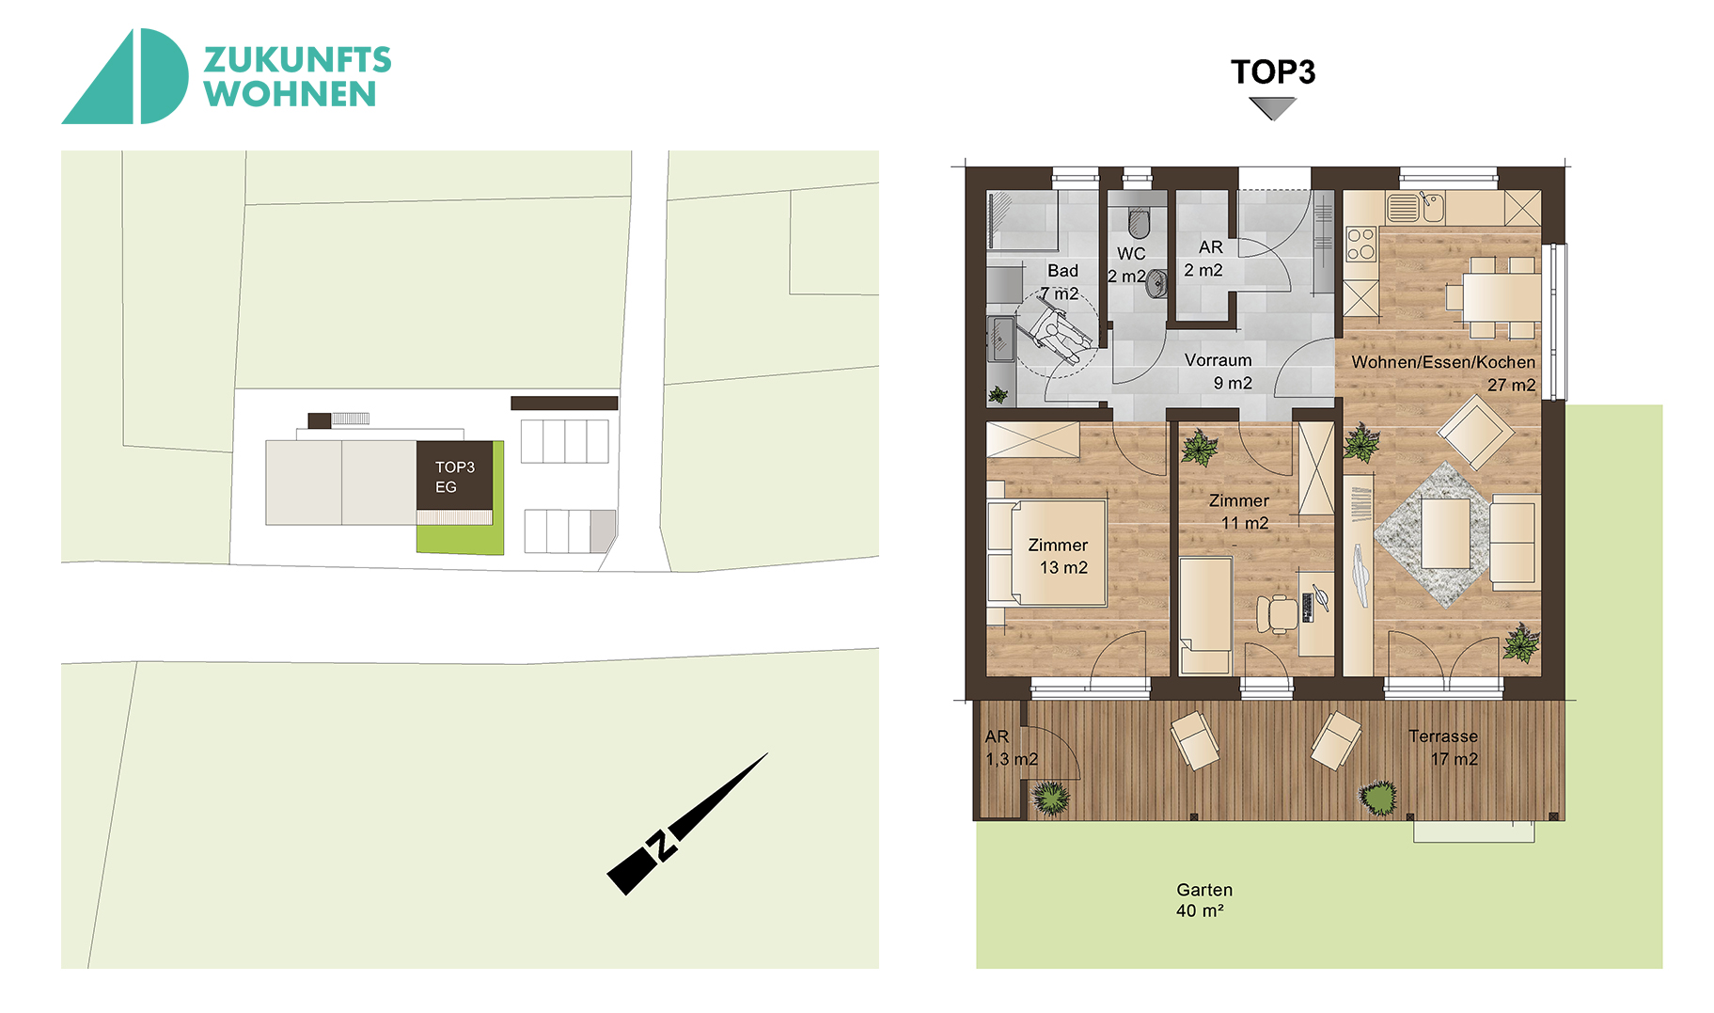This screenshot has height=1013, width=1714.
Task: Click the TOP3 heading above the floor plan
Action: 1273,72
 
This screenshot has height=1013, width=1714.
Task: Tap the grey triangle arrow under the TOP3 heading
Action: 1273,108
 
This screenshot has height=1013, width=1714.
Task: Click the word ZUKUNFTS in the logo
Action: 297,60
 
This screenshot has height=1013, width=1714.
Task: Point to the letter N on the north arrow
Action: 663,845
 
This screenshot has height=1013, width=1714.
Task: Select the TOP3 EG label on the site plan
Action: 454,477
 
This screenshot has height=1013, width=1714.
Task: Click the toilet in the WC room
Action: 1139,223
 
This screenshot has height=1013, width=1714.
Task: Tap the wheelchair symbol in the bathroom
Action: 1059,332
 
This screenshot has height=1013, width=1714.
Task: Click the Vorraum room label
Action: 1219,372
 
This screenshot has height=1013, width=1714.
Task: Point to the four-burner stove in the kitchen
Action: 1360,244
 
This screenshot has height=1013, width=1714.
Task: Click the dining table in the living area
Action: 1501,297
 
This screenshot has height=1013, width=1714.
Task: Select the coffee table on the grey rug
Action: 1445,533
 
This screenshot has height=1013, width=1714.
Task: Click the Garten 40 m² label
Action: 1203,900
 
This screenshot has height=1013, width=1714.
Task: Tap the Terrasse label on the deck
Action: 1443,736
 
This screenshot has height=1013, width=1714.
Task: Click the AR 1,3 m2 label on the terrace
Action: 1011,748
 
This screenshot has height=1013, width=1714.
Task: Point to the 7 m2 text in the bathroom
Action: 1060,293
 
